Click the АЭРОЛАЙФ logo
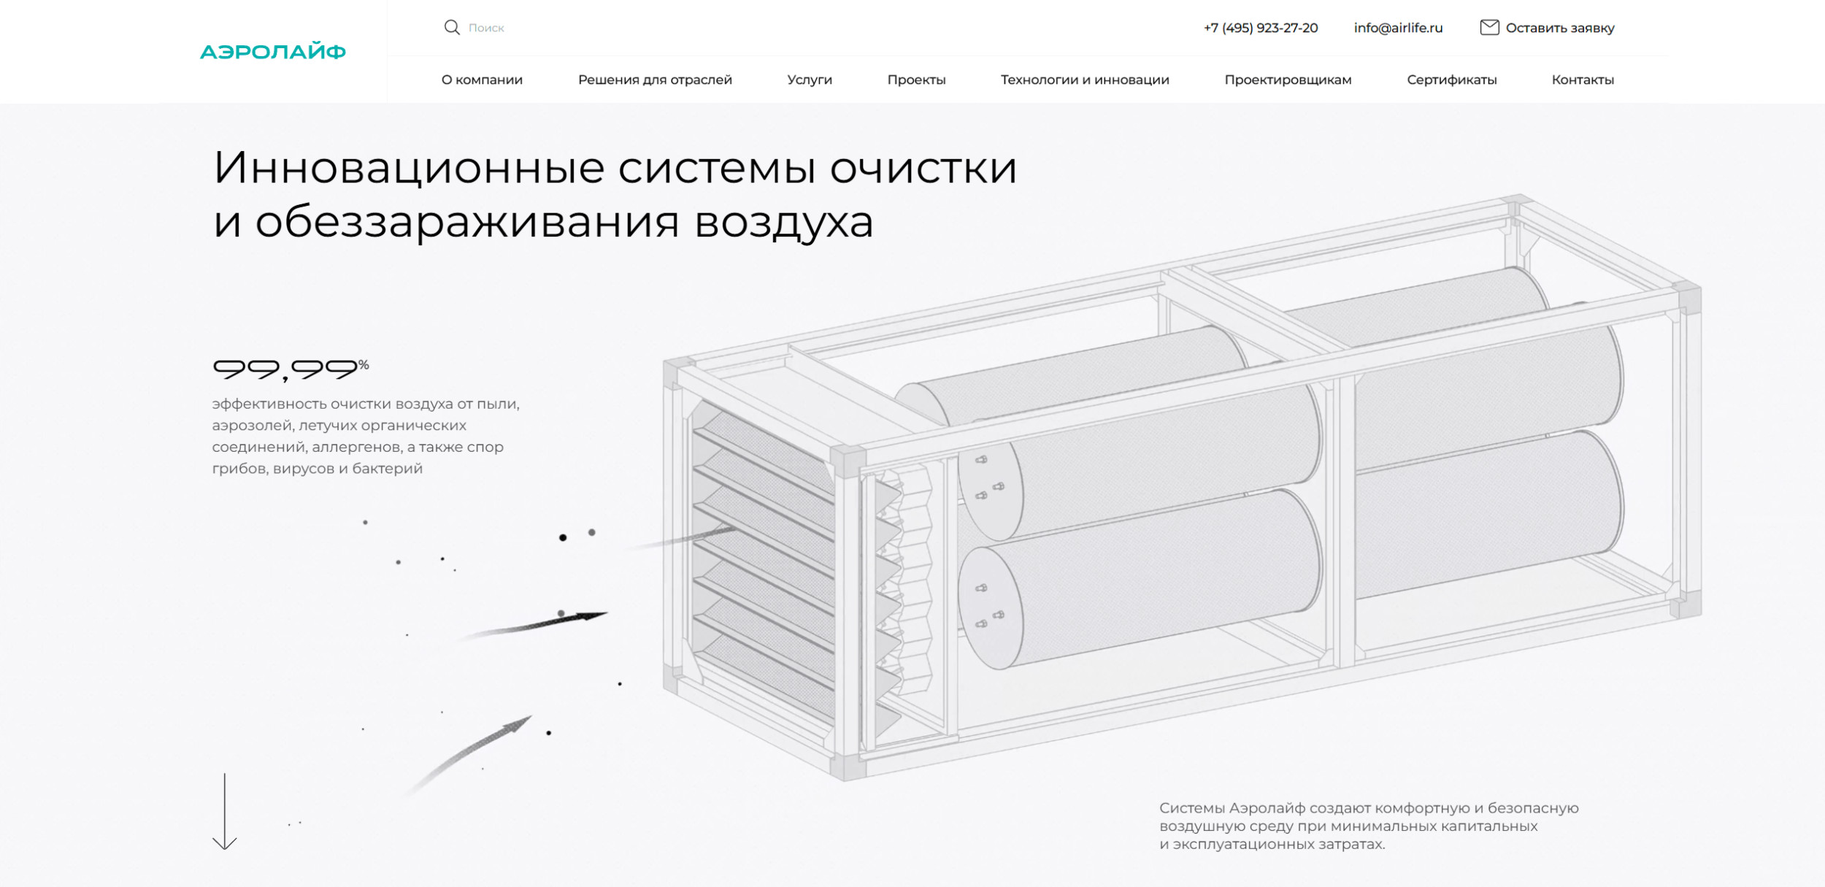(x=273, y=52)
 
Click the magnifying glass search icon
(x=452, y=28)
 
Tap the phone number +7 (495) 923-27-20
(x=1261, y=28)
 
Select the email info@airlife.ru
(x=1398, y=28)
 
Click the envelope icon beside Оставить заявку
(x=1489, y=27)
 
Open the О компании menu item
(x=482, y=80)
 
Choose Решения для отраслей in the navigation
(x=655, y=80)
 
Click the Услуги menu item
(x=810, y=80)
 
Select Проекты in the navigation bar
(x=916, y=80)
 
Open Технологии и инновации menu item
(x=1085, y=80)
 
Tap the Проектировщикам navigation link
(x=1288, y=80)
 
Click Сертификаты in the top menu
(x=1452, y=80)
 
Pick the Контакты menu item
(x=1583, y=80)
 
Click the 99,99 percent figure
(x=291, y=369)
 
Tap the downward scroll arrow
(x=225, y=811)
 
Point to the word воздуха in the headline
(x=784, y=223)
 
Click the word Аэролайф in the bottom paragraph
(x=1267, y=808)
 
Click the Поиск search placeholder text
(x=486, y=28)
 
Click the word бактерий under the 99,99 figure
(x=387, y=469)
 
